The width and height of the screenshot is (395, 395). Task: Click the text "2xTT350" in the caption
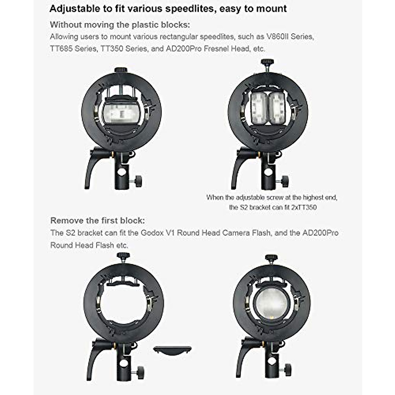[304, 207]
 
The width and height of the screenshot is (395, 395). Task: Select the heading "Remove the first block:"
[97, 221]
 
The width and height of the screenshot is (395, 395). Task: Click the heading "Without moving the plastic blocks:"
[120, 25]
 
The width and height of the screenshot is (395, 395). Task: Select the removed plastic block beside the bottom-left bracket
[172, 350]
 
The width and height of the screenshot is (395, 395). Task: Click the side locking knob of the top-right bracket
[285, 180]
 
